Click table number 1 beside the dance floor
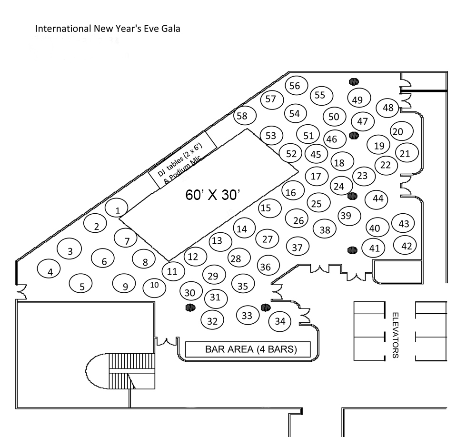coord(117,208)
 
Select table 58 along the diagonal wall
coord(245,115)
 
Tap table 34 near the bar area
coord(280,321)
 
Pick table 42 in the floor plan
coord(405,245)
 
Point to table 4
coord(49,269)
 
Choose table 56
coord(297,86)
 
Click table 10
coord(155,287)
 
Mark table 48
coord(387,108)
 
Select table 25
coord(319,203)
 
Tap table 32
coord(212,320)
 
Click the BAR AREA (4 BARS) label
coord(251,349)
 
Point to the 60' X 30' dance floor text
coord(213,195)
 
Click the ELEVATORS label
coord(395,335)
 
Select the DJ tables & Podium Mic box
coord(182,160)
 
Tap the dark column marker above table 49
coord(354,81)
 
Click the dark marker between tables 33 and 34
coord(265,308)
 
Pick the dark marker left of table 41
coord(352,250)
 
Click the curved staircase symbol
coord(120,371)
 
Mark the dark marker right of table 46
coord(354,136)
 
